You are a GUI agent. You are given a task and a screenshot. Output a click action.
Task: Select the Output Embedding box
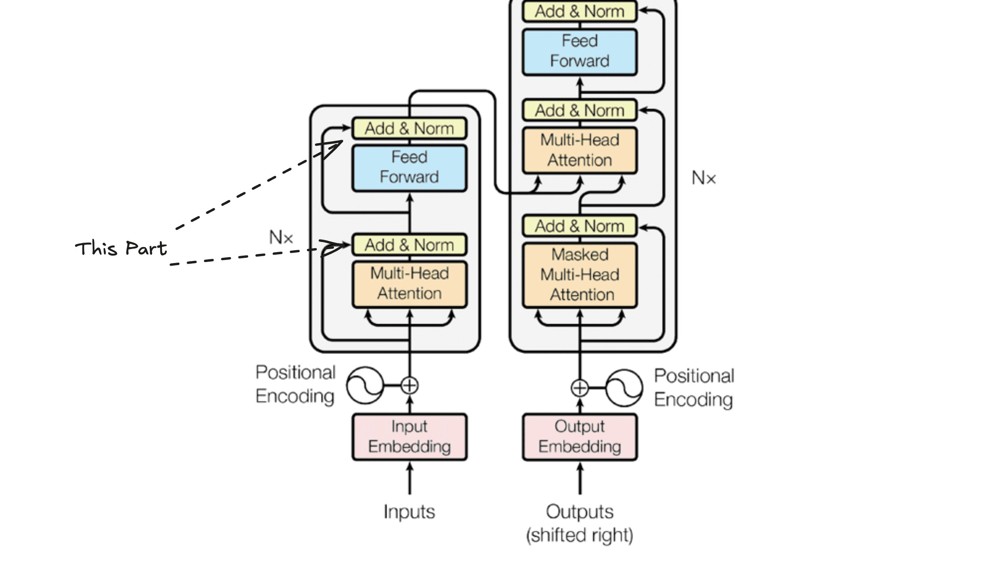[x=580, y=437]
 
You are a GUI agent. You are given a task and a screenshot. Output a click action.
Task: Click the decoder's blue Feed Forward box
[x=580, y=51]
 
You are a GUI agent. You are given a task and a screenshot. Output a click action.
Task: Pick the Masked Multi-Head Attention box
[x=580, y=275]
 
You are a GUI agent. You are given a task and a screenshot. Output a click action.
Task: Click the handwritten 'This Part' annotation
[x=121, y=248]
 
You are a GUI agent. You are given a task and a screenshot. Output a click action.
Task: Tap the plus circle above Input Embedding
[x=410, y=386]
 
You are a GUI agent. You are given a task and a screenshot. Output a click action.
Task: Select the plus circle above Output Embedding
[x=580, y=388]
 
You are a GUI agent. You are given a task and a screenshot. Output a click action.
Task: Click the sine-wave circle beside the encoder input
[x=365, y=386]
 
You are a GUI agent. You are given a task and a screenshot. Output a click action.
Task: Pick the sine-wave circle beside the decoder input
[x=624, y=388]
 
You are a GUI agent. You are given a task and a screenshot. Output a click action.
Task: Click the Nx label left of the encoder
[x=281, y=237]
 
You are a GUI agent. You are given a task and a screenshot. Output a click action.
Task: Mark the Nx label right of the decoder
[x=704, y=178]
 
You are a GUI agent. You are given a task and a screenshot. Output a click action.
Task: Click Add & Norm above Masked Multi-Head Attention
[x=580, y=226]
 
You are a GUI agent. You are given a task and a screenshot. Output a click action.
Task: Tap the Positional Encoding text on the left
[x=295, y=384]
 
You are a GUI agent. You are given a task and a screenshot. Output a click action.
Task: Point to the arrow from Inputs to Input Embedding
[x=410, y=479]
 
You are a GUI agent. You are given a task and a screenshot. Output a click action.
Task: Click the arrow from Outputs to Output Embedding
[x=580, y=479]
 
